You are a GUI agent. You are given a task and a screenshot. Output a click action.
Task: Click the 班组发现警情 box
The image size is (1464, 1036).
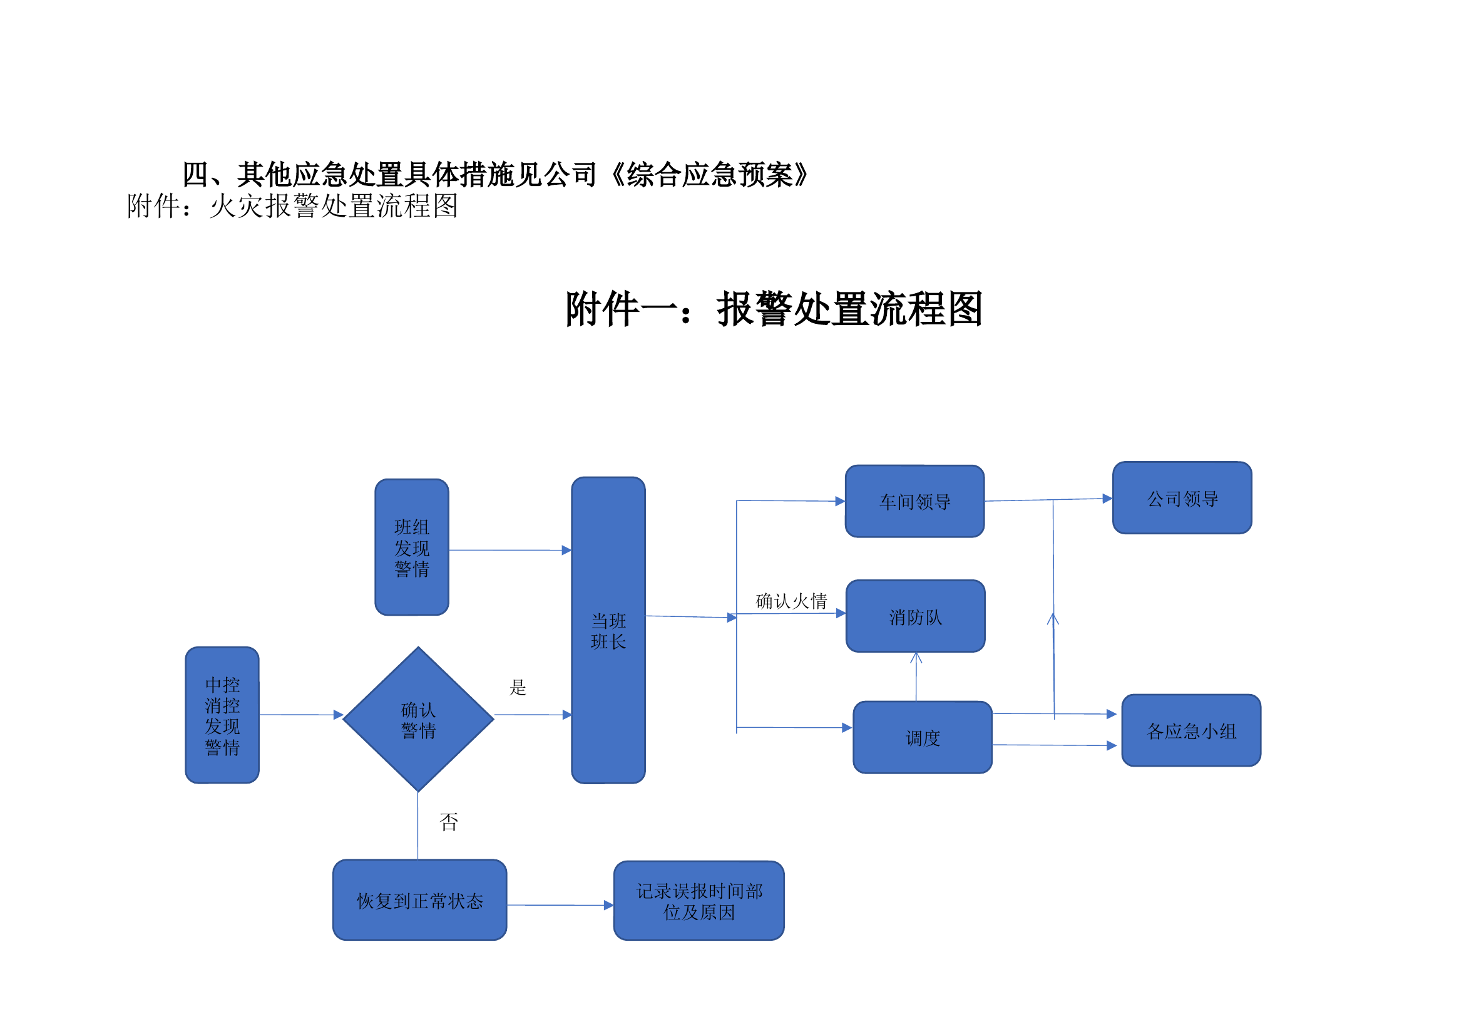coord(412,547)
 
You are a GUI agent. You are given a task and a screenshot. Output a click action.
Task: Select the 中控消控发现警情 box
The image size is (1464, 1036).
coord(222,715)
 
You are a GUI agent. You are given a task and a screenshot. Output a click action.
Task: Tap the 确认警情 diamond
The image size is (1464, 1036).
coord(418,720)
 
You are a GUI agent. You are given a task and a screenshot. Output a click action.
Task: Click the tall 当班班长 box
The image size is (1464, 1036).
coord(608,630)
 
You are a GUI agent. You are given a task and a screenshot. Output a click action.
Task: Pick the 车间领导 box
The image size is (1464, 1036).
coord(914,502)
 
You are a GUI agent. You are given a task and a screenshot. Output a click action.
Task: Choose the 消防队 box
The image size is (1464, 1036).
coord(915,616)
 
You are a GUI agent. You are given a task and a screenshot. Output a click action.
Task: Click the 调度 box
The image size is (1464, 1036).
coord(922,737)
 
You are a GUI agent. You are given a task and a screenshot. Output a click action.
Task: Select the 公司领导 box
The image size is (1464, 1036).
coord(1182,498)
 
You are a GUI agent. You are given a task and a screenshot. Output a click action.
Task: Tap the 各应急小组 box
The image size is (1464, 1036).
coord(1191,730)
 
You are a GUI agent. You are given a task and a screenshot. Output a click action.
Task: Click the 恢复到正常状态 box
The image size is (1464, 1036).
coord(419,900)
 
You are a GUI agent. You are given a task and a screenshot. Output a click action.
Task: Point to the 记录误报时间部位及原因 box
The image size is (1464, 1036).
coord(699,901)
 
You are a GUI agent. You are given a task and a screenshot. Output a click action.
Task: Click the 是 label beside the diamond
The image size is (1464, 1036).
coord(518,687)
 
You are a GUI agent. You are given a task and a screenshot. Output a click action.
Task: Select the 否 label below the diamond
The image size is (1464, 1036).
coord(449,822)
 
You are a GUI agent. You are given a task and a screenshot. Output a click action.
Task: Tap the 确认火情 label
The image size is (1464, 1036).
coord(791,600)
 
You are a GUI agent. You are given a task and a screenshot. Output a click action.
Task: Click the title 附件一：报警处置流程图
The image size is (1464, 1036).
coord(774,309)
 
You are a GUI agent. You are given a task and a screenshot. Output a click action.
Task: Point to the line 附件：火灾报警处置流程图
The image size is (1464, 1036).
coord(292,206)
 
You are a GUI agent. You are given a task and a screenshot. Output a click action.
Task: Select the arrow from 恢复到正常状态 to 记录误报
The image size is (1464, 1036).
coord(560,905)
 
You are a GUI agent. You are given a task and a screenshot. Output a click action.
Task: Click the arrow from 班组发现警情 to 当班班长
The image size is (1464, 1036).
coord(510,550)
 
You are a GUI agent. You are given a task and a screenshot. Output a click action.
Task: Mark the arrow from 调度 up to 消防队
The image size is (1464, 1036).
coord(916,678)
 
